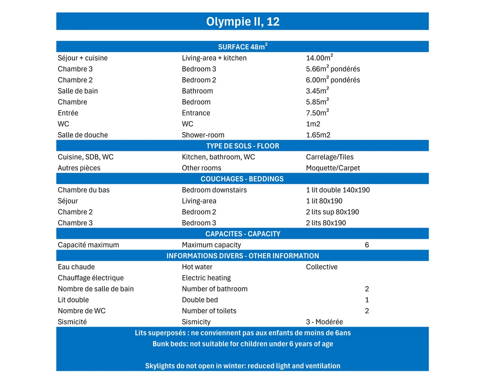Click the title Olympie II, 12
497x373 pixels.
pos(243,22)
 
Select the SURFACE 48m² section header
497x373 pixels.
pos(243,47)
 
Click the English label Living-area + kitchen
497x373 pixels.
pos(214,58)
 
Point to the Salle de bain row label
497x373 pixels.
pos(78,91)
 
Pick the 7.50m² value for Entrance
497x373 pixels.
pos(317,113)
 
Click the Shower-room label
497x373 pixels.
pos(203,135)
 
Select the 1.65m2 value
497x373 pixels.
pos(318,135)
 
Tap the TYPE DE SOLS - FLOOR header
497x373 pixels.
pos(243,146)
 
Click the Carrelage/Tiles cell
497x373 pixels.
pos(330,157)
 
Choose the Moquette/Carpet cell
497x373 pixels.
pos(333,168)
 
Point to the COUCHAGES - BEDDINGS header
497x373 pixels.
pos(242,179)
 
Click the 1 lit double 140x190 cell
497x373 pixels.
pos(338,190)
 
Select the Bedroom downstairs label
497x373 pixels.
pos(214,190)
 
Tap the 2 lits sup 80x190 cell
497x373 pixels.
pos(333,212)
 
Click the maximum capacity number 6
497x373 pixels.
pos(367,245)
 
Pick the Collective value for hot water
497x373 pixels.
pos(322,267)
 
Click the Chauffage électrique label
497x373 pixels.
pos(91,278)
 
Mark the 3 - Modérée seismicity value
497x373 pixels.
pos(324,322)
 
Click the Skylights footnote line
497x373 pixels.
pos(243,366)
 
